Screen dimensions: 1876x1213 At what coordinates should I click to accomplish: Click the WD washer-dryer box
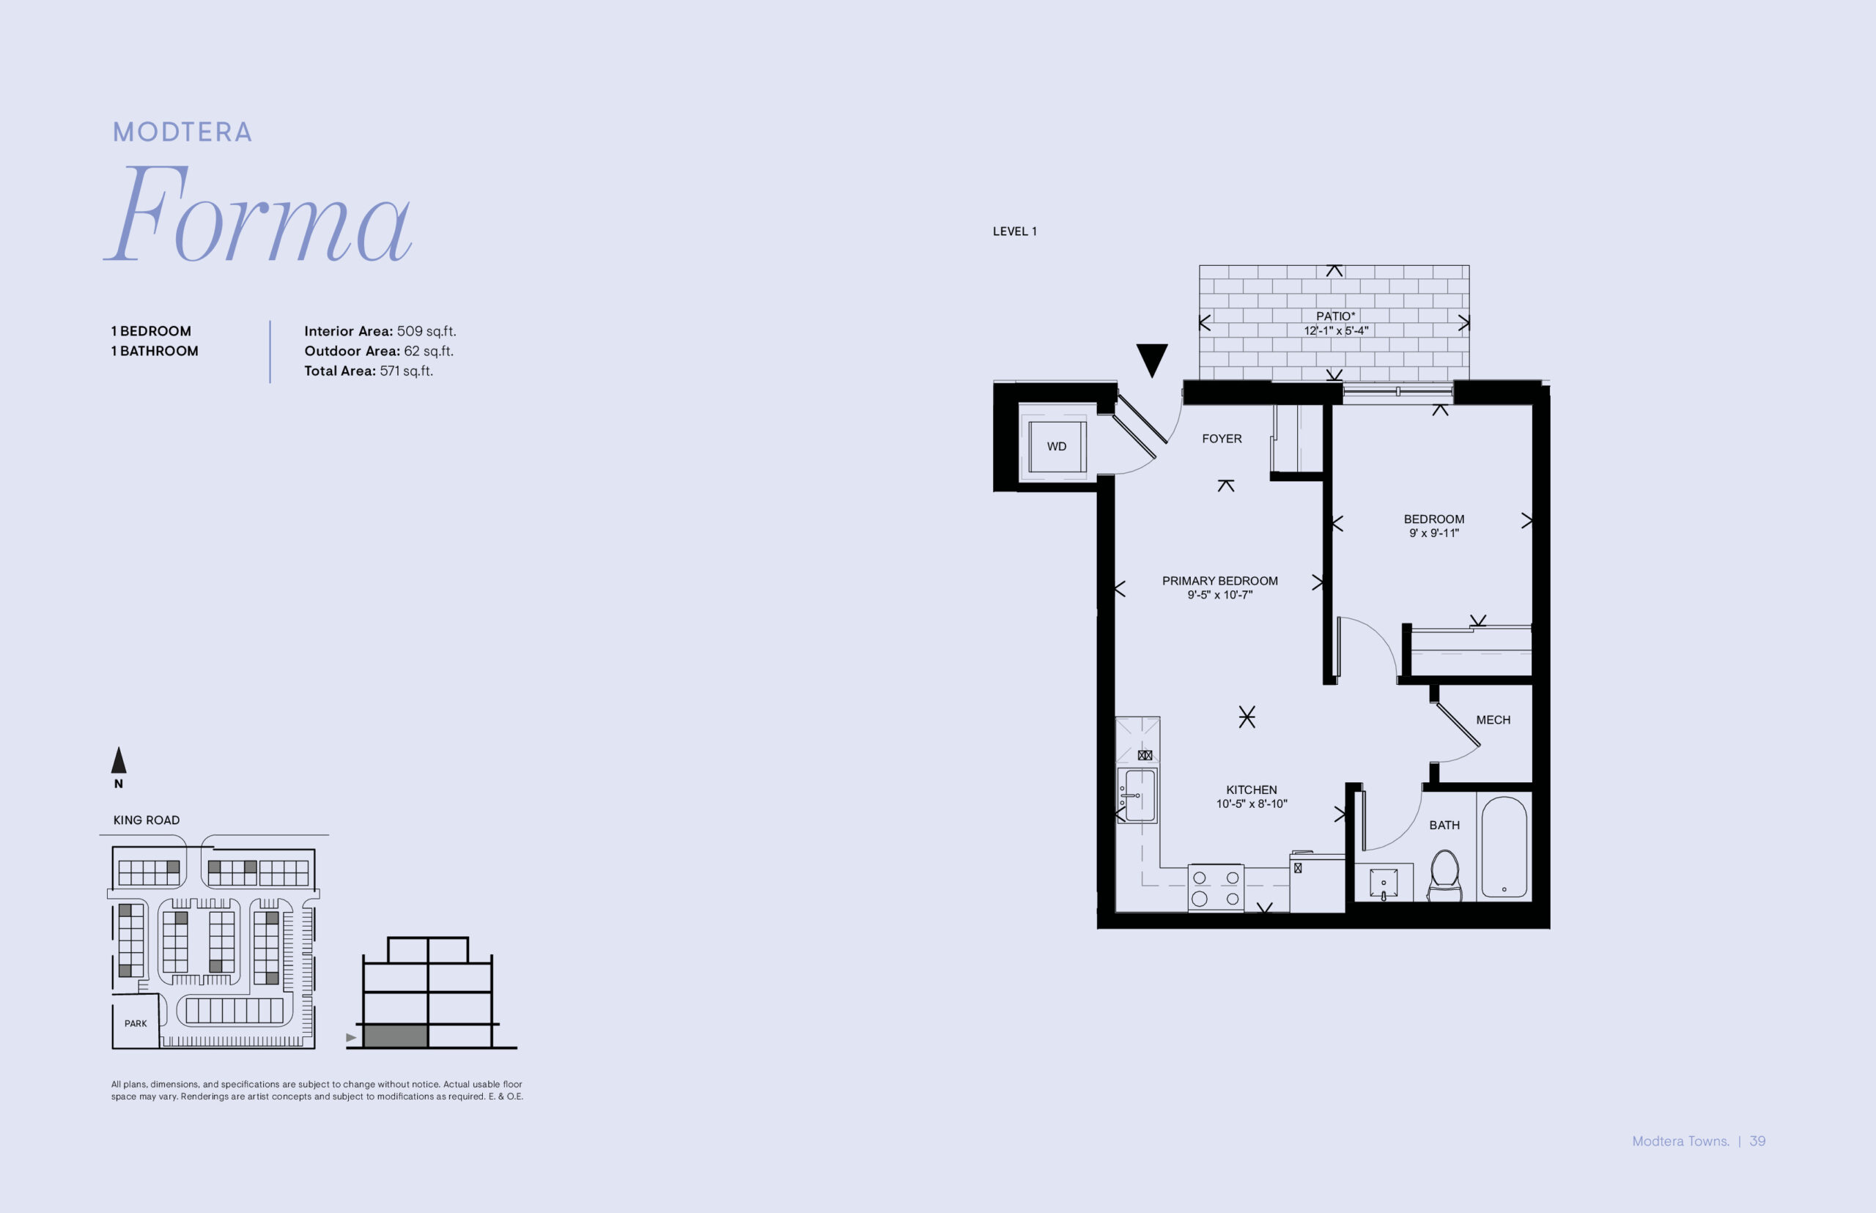click(1057, 447)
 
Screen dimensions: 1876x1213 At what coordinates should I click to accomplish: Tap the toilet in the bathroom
click(1444, 875)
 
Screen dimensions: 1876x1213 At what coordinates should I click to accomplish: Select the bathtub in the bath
click(1504, 847)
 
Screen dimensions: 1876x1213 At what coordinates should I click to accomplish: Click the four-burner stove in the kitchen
click(1216, 888)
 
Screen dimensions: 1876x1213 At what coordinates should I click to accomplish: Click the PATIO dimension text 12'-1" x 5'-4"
click(1337, 331)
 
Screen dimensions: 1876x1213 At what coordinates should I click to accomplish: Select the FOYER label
click(1222, 439)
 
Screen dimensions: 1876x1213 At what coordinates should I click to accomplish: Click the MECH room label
click(1493, 720)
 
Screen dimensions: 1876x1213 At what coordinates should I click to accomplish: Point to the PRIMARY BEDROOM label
click(1219, 582)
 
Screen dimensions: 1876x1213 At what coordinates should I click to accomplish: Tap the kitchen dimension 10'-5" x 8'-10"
click(1251, 804)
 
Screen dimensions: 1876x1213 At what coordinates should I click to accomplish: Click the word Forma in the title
click(259, 213)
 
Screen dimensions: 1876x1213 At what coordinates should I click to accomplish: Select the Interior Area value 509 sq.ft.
click(426, 332)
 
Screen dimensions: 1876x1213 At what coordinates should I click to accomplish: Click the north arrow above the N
click(119, 760)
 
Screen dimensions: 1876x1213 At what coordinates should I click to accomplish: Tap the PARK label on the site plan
click(136, 1024)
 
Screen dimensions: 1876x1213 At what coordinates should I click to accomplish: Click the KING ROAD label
click(147, 820)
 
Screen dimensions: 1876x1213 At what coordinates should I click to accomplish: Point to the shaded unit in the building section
click(396, 1036)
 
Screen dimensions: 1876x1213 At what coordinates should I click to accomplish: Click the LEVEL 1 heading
click(1015, 231)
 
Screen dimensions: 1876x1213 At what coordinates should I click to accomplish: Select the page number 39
click(1758, 1141)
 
